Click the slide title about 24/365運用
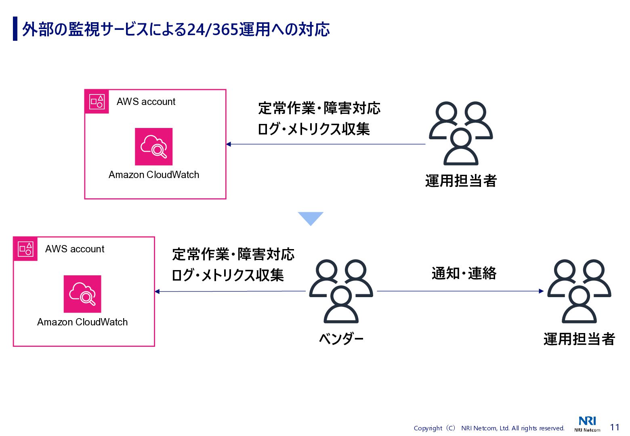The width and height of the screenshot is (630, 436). (176, 29)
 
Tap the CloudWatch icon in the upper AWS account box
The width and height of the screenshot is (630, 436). (153, 147)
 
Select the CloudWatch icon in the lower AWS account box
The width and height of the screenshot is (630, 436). (82, 294)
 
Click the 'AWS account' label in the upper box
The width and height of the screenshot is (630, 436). (146, 102)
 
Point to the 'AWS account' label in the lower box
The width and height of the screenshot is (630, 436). (75, 249)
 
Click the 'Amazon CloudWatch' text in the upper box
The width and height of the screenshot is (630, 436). (154, 175)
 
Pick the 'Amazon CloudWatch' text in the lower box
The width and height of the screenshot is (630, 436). (82, 322)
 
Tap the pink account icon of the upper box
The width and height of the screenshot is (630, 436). (97, 102)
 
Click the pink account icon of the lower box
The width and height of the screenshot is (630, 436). (25, 249)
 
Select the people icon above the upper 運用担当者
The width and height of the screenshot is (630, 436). (461, 133)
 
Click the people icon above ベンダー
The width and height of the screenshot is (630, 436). (341, 291)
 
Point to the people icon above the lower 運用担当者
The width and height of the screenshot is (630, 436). (579, 291)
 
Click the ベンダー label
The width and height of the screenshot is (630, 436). (341, 339)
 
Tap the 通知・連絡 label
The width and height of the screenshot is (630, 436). (464, 273)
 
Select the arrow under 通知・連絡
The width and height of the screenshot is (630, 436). (460, 291)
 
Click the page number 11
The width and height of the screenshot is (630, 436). (615, 427)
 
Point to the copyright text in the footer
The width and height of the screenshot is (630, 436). (489, 428)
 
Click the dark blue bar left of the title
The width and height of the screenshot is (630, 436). (15, 29)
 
